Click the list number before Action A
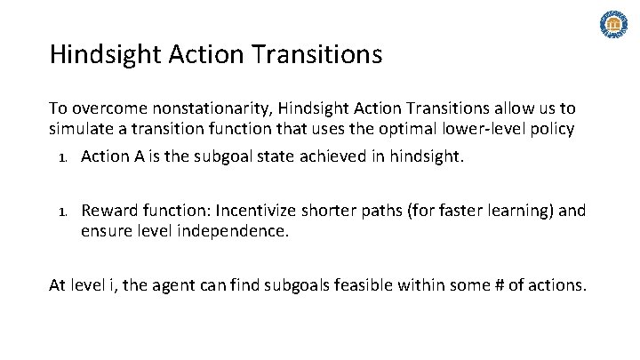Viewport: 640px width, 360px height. (x=61, y=158)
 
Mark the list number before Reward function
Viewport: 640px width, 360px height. (x=61, y=212)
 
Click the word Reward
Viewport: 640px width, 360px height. (x=108, y=211)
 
